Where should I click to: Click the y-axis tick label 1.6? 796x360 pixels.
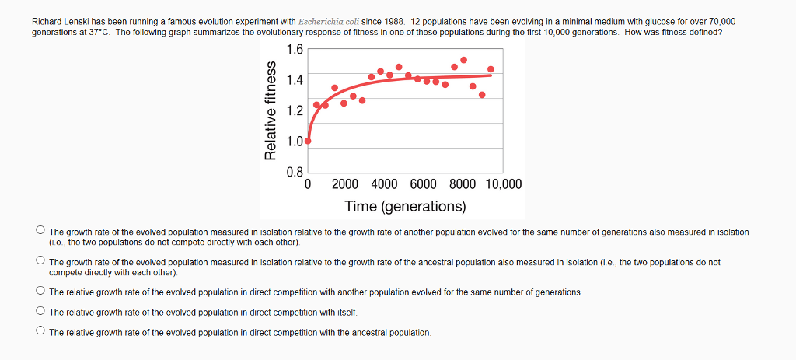295,51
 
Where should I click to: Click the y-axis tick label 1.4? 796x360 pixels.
295,79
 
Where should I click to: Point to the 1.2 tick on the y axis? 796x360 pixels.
295,110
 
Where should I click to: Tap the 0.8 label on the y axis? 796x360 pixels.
295,171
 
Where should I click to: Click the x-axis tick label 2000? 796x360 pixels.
345,185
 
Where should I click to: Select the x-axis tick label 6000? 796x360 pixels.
423,185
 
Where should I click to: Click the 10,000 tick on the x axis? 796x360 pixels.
504,185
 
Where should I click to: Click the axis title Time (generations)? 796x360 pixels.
405,207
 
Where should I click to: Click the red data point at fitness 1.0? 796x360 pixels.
309,142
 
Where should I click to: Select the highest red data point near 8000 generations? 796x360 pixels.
463,60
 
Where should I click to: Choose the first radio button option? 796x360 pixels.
40,231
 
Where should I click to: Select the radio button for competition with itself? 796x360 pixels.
40,312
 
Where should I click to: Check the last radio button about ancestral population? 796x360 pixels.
40,332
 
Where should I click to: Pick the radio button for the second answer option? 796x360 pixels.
40,262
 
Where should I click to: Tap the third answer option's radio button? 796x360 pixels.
40,292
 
